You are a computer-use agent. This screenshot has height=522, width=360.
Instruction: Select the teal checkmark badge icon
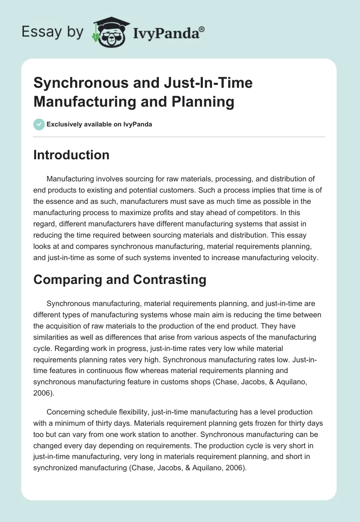click(39, 124)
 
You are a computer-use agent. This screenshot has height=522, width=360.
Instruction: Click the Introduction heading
click(72, 155)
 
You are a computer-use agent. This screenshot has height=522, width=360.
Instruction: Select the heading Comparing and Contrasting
click(120, 279)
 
